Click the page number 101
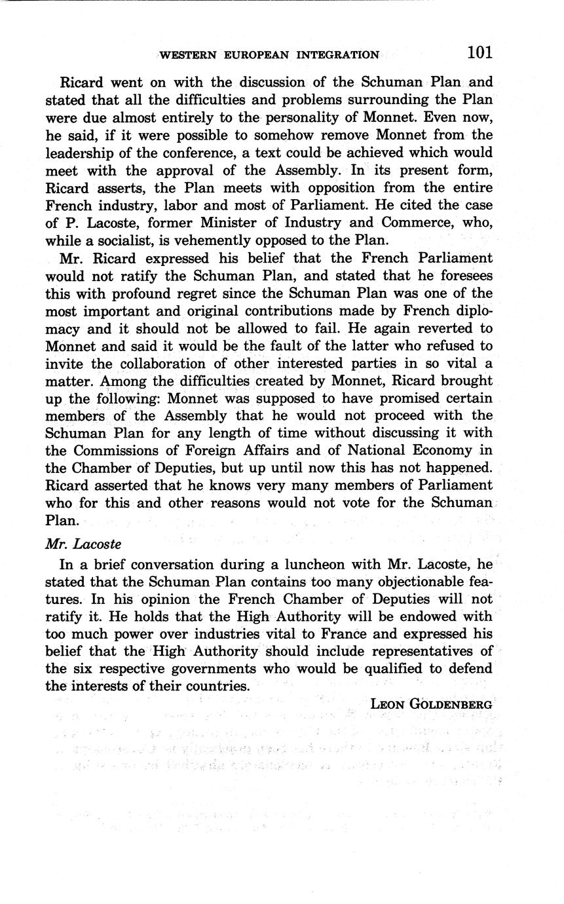(479, 52)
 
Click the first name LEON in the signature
(387, 704)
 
